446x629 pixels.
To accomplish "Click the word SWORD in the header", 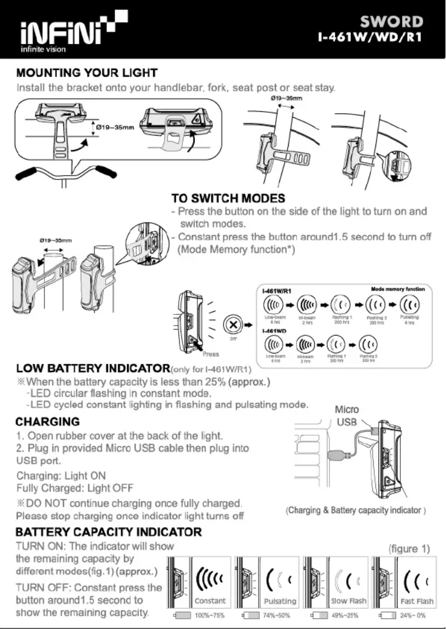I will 392,23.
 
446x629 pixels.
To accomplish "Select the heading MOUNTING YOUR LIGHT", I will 87,73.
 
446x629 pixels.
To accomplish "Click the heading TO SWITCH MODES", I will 228,198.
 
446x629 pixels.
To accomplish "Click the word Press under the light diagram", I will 211,354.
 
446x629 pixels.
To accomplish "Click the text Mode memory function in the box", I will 397,289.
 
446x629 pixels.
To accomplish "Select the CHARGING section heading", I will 48,422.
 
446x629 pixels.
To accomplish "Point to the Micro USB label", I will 346,416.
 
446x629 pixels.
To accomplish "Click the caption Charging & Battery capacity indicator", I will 356,510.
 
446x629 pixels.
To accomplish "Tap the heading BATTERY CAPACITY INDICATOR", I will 109,532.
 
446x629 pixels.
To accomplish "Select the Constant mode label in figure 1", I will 210,601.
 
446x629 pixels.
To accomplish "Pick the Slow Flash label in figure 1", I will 348,601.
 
